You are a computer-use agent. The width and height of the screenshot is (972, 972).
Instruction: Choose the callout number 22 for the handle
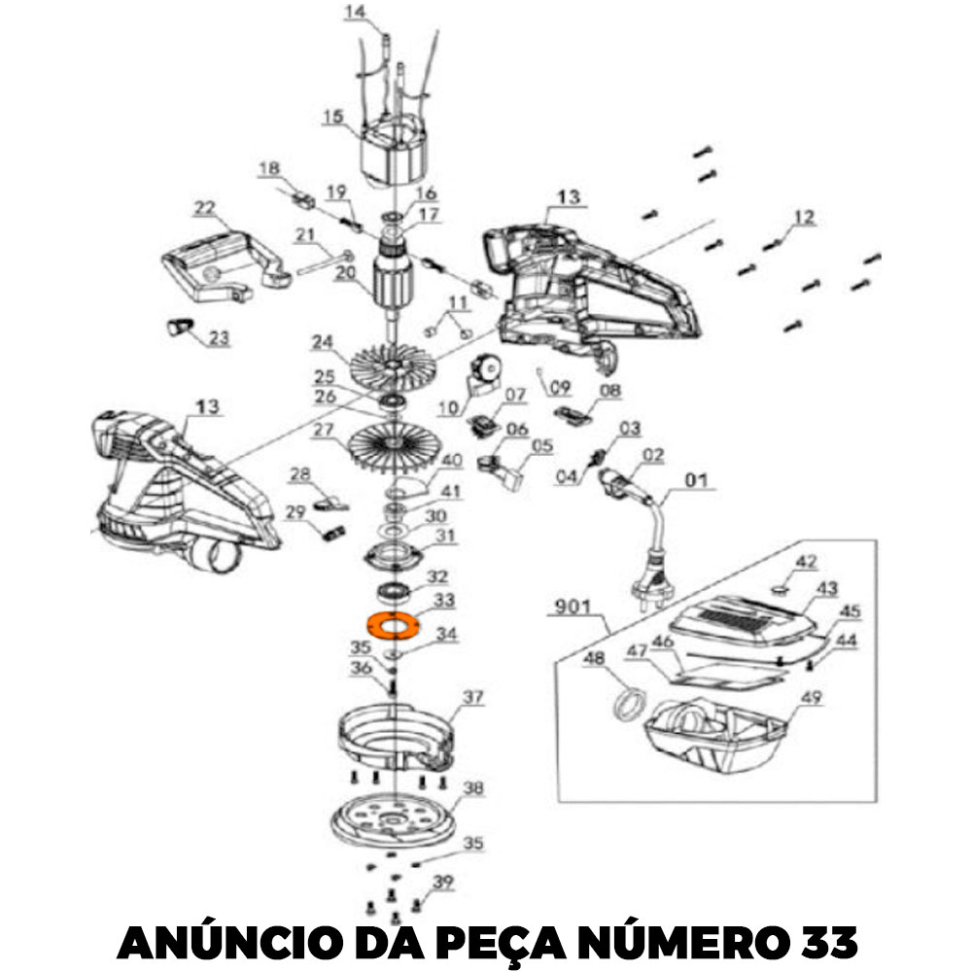[x=203, y=207]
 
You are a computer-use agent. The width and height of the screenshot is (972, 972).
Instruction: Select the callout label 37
[x=472, y=697]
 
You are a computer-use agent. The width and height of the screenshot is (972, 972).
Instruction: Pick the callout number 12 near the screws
[x=803, y=217]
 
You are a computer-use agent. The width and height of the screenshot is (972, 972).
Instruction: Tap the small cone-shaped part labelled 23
[x=178, y=325]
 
